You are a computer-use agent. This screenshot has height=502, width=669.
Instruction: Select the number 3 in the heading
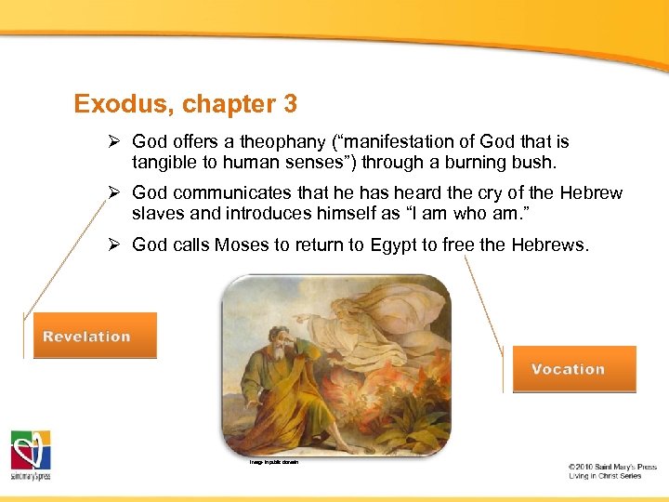pos(290,104)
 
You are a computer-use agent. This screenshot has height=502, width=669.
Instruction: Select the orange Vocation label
pos(569,369)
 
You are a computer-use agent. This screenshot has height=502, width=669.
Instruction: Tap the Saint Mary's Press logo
pos(31,455)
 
